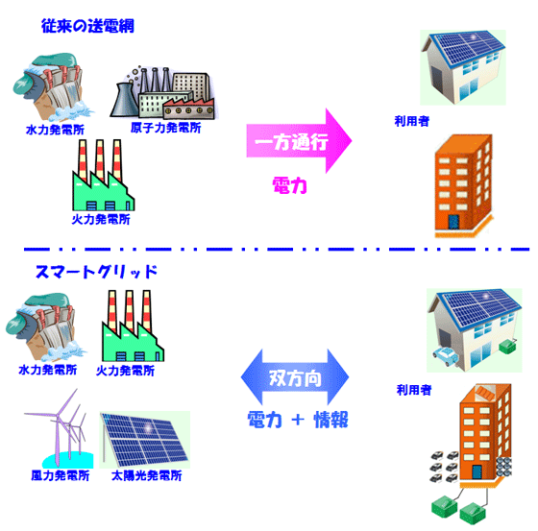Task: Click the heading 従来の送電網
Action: point(87,26)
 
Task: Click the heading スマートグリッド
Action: point(96,272)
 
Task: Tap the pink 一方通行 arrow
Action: point(299,141)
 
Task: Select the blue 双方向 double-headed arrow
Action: point(295,377)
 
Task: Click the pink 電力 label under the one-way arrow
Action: point(289,186)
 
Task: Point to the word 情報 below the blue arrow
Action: point(330,420)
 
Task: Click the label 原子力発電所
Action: point(165,128)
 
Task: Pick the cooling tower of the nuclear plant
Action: point(124,100)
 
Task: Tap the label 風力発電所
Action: point(61,475)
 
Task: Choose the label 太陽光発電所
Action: point(146,475)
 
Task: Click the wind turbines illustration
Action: point(59,429)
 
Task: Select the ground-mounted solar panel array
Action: point(145,440)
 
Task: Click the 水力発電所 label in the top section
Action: point(56,130)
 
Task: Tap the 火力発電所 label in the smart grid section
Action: point(125,371)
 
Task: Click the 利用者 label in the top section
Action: point(412,121)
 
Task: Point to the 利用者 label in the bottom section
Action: point(414,390)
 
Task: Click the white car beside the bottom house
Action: point(445,356)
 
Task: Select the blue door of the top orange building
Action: point(453,222)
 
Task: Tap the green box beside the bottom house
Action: point(508,347)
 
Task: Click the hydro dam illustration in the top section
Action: point(52,87)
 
